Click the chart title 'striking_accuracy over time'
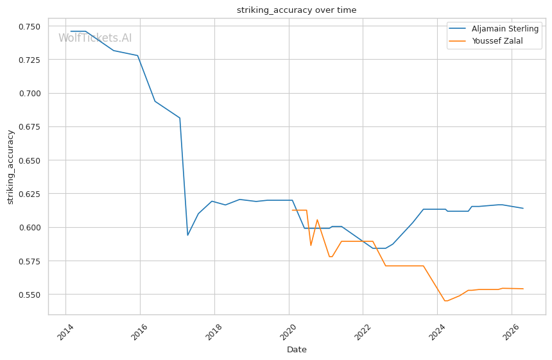click(x=297, y=10)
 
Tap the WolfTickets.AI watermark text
click(x=95, y=38)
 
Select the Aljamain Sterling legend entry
click(x=493, y=28)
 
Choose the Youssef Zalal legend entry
click(x=486, y=41)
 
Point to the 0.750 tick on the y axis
click(x=30, y=26)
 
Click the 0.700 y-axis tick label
click(x=30, y=93)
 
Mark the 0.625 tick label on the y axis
click(x=30, y=194)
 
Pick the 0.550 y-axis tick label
click(x=30, y=295)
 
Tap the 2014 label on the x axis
click(x=65, y=332)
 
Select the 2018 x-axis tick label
click(x=214, y=332)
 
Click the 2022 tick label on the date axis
click(x=363, y=332)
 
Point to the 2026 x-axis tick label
click(x=511, y=332)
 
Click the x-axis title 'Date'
click(x=297, y=350)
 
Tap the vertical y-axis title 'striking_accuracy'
click(x=10, y=167)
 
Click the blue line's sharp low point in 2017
click(x=187, y=235)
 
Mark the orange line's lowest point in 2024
click(x=445, y=301)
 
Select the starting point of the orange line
click(x=292, y=210)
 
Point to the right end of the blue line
click(x=523, y=209)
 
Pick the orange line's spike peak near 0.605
click(x=317, y=220)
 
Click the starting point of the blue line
click(x=71, y=31)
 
